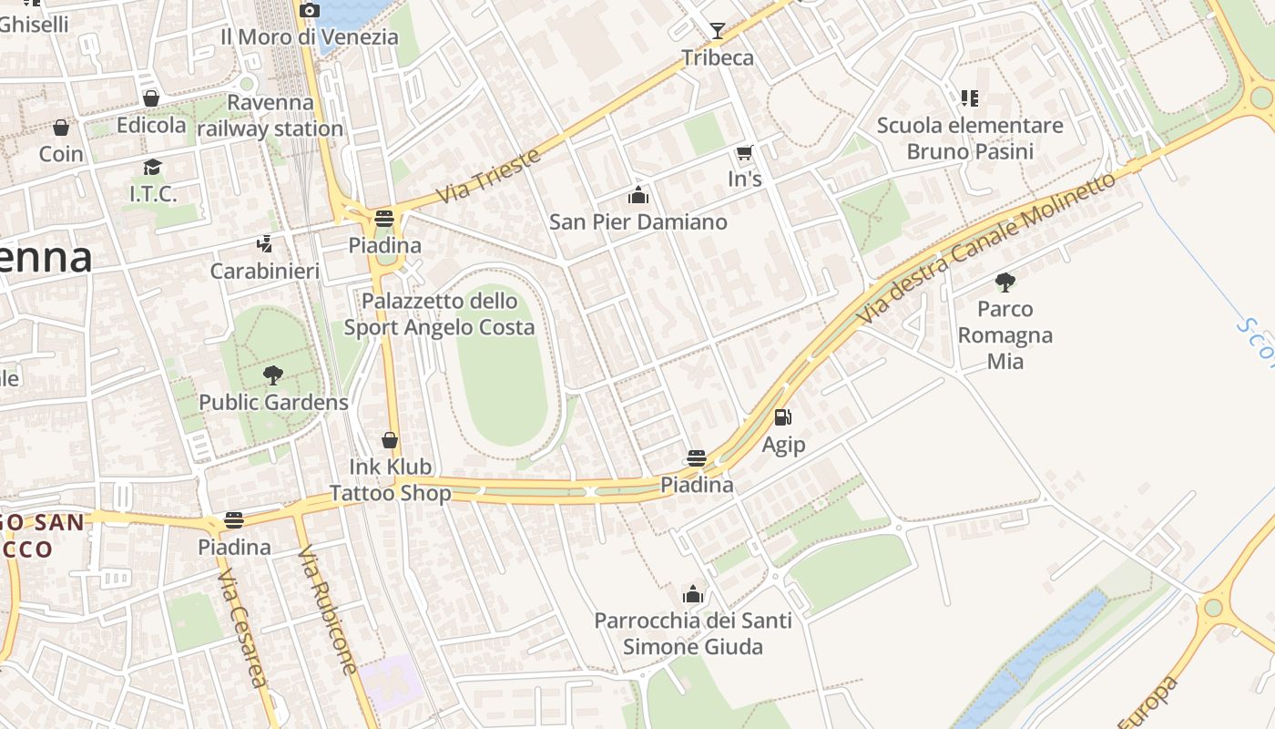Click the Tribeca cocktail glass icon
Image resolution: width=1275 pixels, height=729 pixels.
point(718,31)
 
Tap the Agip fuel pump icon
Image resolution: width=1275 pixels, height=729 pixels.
point(782,417)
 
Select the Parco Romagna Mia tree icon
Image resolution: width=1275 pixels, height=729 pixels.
point(1005,282)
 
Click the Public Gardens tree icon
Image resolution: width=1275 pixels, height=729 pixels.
point(272,375)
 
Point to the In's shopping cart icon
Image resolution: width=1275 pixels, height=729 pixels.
point(745,152)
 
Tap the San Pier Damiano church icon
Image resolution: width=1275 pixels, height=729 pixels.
point(638,195)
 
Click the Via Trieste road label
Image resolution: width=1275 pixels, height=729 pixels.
point(488,176)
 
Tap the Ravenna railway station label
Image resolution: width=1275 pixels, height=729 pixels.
point(270,116)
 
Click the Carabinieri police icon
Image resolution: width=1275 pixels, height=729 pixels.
point(264,243)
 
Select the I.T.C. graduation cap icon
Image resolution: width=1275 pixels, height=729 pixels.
point(152,167)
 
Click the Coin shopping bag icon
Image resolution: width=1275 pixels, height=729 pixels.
point(61,127)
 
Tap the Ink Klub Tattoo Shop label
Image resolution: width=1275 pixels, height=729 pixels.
point(390,480)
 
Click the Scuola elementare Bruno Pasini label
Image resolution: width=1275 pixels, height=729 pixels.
point(970,138)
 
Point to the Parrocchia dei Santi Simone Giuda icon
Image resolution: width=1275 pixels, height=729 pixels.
point(693,594)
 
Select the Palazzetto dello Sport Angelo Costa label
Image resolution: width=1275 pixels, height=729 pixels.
point(439,313)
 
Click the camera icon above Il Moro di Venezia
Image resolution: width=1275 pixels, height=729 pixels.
point(310,10)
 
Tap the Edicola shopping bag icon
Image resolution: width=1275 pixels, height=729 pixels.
point(151,98)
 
